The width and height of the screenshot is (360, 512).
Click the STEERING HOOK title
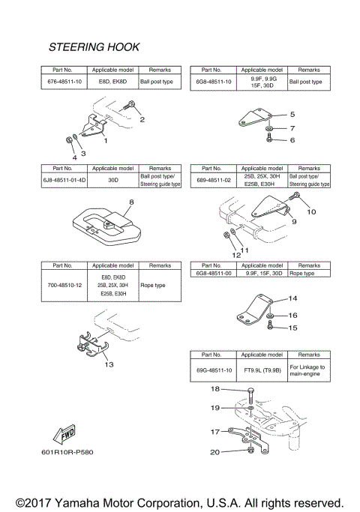(x=94, y=46)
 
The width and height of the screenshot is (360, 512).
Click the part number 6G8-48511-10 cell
(x=214, y=81)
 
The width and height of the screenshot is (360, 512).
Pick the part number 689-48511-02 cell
(x=214, y=180)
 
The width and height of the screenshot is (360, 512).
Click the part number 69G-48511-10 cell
(x=214, y=370)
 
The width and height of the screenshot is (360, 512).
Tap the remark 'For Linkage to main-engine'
(x=312, y=370)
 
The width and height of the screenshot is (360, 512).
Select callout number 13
(x=109, y=365)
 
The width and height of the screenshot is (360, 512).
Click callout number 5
(x=292, y=115)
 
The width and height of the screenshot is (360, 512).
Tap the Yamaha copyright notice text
(x=179, y=501)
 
